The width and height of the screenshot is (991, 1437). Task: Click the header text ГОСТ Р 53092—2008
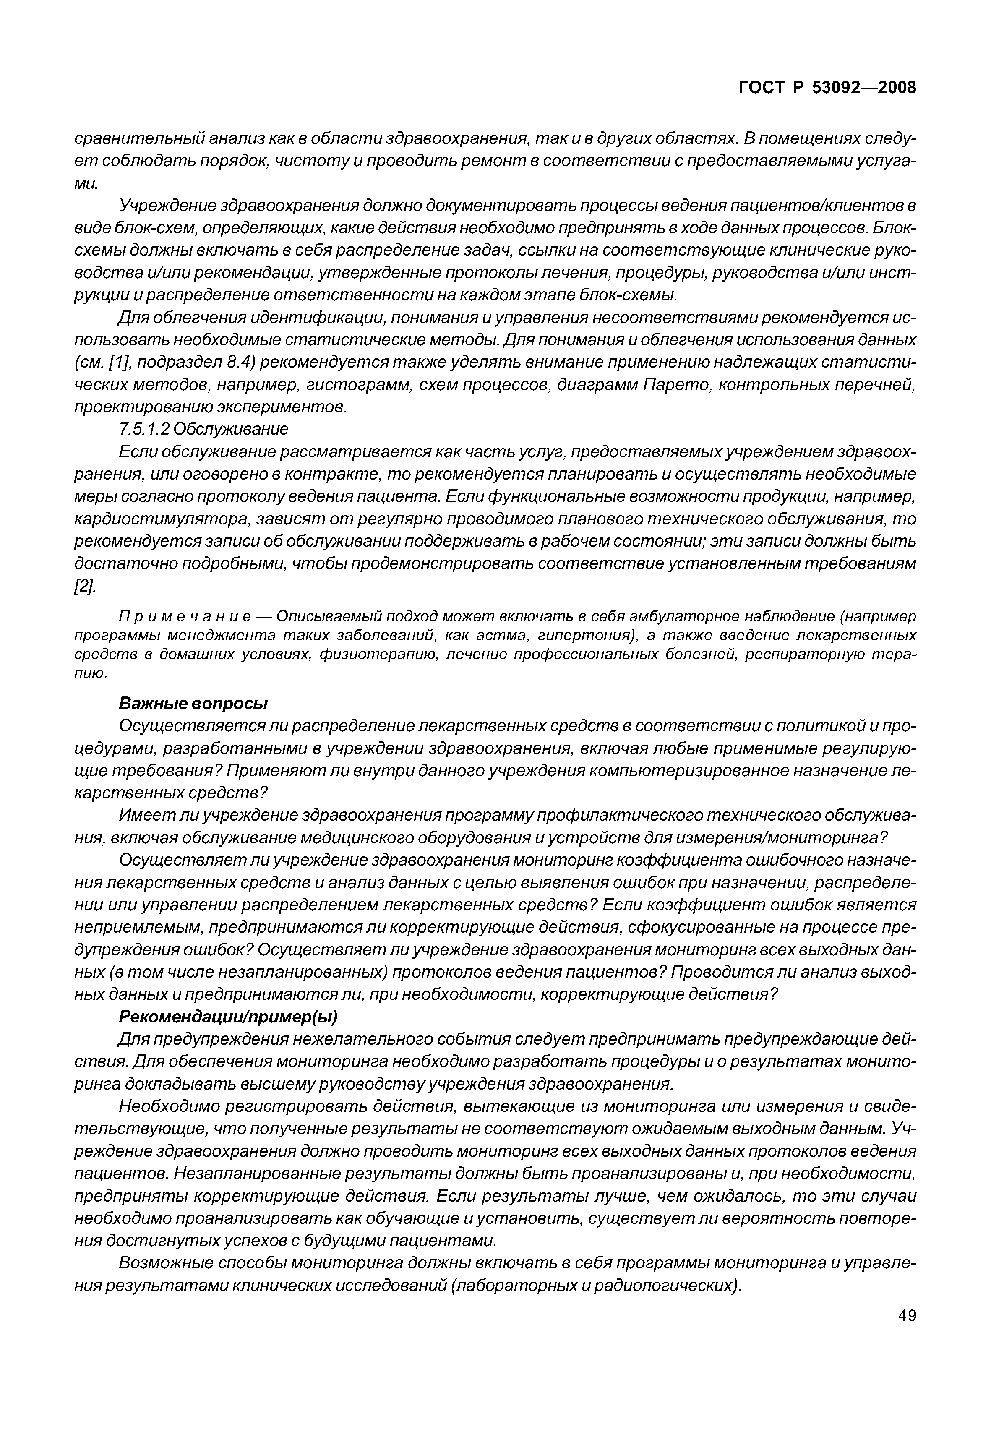tap(827, 88)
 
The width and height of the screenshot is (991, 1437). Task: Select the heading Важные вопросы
tap(193, 704)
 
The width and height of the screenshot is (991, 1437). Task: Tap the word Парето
tap(677, 385)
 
